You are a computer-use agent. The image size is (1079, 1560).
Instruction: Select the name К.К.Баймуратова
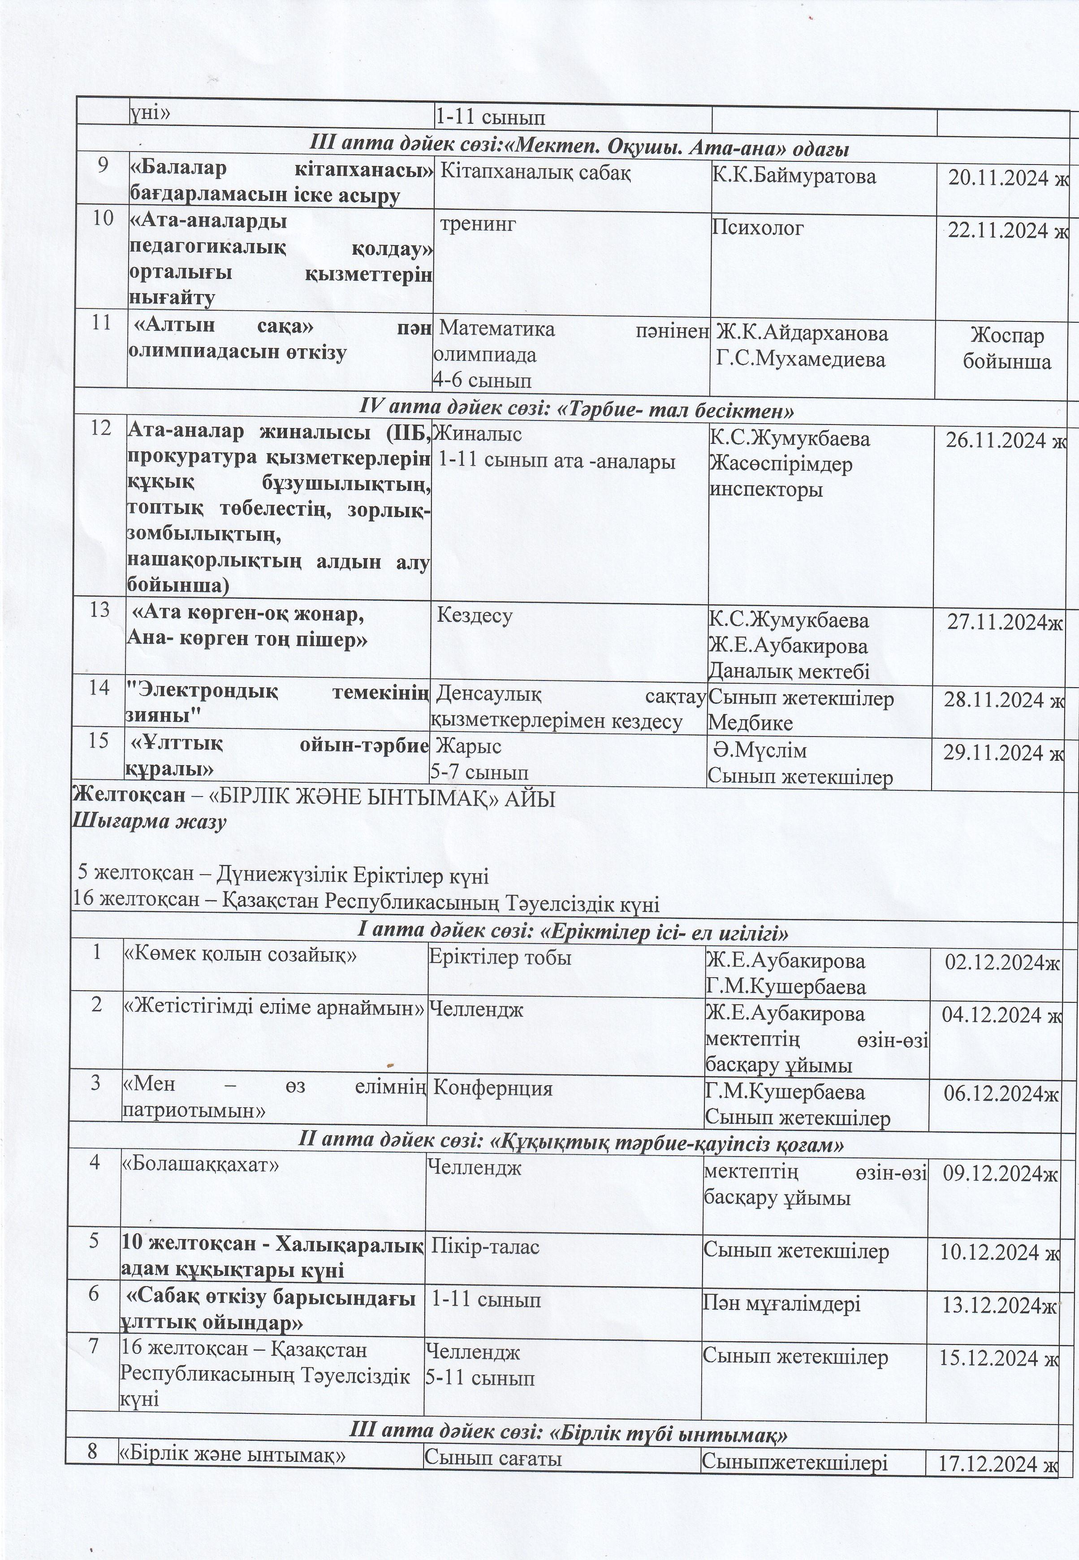(x=794, y=177)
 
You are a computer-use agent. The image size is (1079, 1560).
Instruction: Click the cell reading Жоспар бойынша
(x=1007, y=348)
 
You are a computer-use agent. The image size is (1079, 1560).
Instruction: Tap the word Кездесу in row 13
(x=475, y=615)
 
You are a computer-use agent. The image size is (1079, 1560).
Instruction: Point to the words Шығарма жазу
(x=149, y=823)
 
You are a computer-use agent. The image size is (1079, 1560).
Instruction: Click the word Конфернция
(x=493, y=1089)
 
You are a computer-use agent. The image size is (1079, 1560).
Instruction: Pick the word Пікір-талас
(x=485, y=1246)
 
